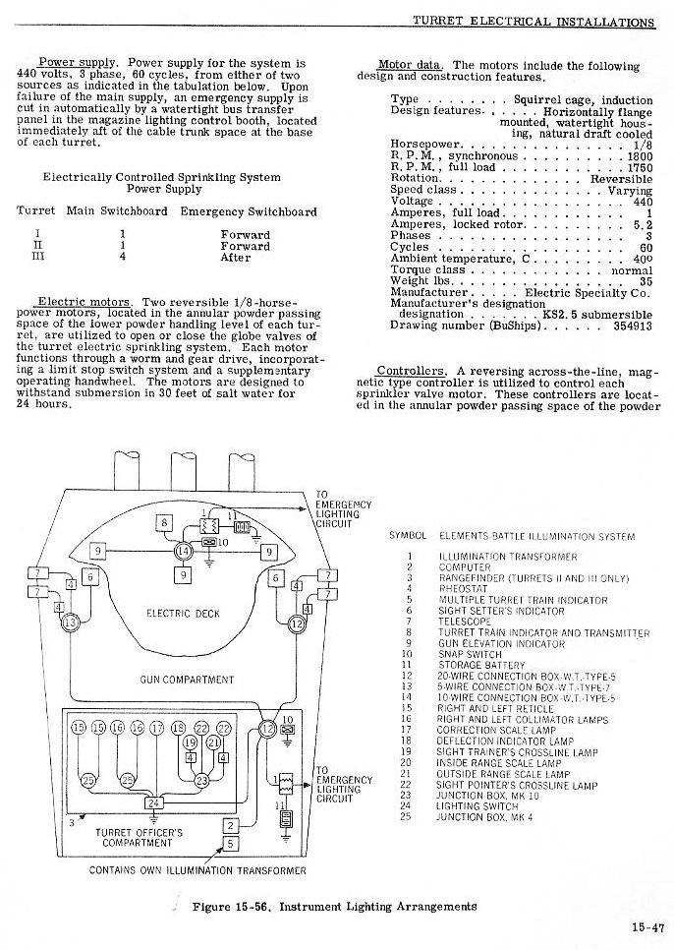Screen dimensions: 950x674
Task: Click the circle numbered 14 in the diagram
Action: (184, 554)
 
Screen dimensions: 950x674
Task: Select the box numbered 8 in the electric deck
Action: (166, 522)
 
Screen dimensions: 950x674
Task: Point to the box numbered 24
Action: (152, 802)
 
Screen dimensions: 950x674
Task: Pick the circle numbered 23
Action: (201, 780)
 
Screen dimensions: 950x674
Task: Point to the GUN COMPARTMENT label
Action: (180, 680)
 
